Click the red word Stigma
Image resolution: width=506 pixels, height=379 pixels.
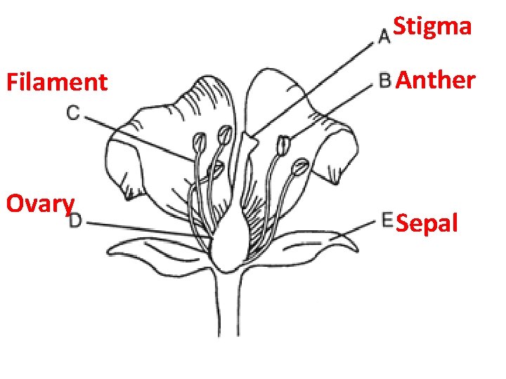[432, 27]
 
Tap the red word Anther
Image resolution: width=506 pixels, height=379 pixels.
[436, 80]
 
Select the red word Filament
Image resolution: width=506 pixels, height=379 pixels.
[57, 83]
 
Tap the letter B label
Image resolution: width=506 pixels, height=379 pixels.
[385, 81]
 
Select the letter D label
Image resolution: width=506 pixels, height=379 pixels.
[76, 222]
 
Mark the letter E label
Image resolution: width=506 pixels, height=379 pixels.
[387, 220]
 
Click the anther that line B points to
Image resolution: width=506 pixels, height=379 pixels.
[284, 146]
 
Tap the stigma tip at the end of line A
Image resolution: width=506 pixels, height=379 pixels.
[249, 139]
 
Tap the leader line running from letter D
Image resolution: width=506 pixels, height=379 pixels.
[141, 228]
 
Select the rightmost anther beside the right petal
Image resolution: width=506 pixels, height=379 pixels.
[300, 167]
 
